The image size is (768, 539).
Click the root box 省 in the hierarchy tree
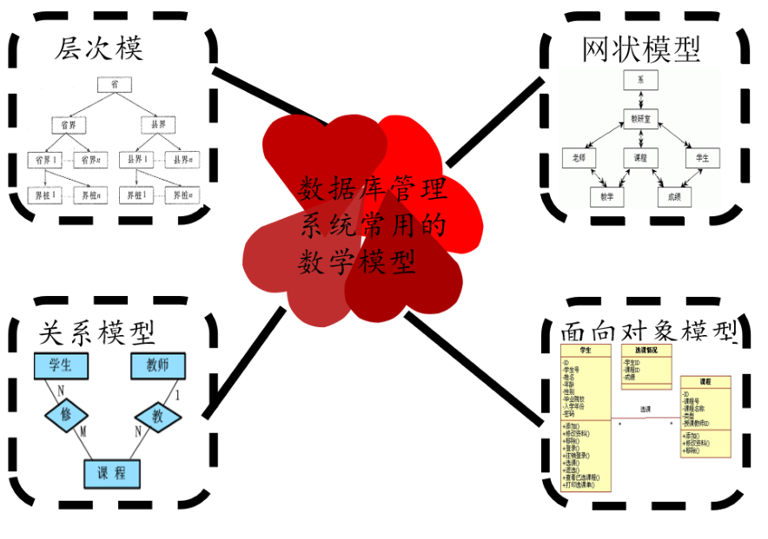(113, 84)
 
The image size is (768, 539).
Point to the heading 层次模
(99, 49)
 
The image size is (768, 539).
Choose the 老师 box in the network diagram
(579, 159)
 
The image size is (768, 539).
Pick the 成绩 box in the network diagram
(673, 197)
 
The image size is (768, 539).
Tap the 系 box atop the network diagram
(640, 80)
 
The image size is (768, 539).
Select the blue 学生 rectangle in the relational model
(61, 365)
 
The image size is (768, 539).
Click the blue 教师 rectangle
(157, 365)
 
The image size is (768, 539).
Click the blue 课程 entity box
(112, 473)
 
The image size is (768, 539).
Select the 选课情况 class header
(646, 350)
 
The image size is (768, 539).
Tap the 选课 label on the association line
(646, 409)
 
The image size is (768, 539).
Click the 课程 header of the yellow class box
(705, 381)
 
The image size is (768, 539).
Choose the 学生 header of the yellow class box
(586, 350)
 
